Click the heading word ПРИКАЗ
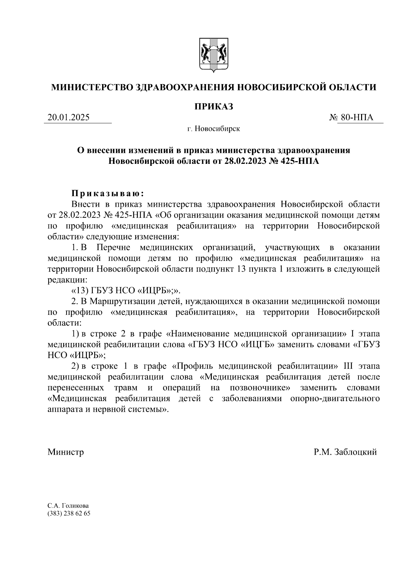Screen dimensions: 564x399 point(213,106)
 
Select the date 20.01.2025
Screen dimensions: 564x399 point(69,117)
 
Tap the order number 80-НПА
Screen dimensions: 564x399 point(357,117)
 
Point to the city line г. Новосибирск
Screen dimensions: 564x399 point(213,129)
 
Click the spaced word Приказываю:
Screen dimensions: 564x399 point(108,193)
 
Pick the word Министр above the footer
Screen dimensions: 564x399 point(66,452)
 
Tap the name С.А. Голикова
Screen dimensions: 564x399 point(68,506)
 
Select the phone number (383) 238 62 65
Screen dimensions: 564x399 point(69,513)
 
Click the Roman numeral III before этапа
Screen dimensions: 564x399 point(348,366)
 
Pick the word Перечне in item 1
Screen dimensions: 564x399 point(114,248)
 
